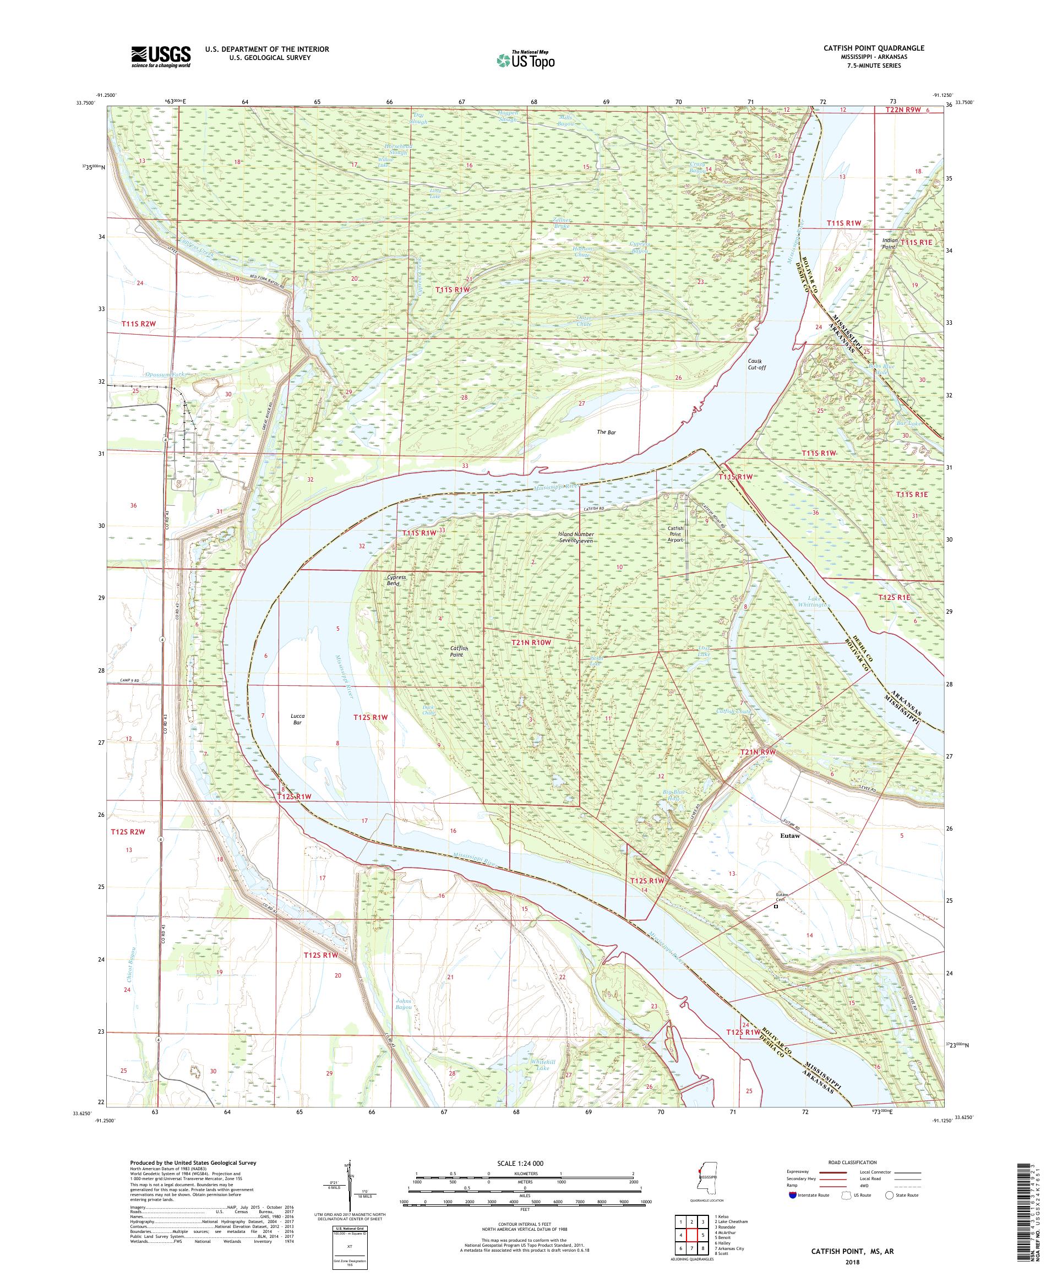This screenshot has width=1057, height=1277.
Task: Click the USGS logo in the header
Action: point(161,57)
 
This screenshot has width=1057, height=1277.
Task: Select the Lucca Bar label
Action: point(297,719)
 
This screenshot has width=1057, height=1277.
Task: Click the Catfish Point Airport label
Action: point(676,534)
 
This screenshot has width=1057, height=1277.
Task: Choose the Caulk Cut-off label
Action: point(756,364)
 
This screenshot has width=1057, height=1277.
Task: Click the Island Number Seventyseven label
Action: point(576,537)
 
